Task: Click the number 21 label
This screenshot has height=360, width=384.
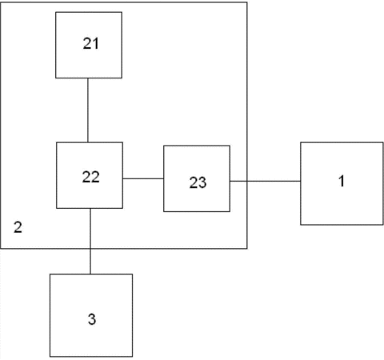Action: click(91, 43)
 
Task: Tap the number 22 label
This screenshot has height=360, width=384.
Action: click(91, 177)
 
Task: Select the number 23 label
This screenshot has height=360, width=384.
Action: click(198, 182)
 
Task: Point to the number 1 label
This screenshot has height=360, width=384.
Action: click(342, 181)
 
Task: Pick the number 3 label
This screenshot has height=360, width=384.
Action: click(92, 319)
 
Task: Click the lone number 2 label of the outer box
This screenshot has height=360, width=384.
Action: click(18, 227)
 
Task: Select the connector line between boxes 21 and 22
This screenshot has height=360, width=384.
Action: click(88, 110)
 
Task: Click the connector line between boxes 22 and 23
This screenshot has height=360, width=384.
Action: click(143, 178)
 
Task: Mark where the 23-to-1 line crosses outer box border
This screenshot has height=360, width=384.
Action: click(247, 181)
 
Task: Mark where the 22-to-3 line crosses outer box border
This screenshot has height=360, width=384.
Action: click(90, 249)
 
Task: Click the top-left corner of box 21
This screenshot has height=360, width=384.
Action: click(56, 12)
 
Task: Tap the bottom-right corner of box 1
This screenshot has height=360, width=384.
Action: click(383, 225)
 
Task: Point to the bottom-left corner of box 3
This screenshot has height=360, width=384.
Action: click(50, 356)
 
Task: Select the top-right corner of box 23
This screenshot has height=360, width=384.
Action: click(230, 146)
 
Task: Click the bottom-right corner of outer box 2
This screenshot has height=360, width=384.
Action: click(247, 249)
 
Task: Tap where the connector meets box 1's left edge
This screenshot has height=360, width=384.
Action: click(301, 181)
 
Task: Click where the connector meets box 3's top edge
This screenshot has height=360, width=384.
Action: click(90, 274)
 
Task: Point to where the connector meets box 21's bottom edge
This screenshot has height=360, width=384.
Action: click(88, 78)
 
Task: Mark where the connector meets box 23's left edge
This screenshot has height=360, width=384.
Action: click(164, 178)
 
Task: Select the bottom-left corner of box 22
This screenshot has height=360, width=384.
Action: click(57, 208)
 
